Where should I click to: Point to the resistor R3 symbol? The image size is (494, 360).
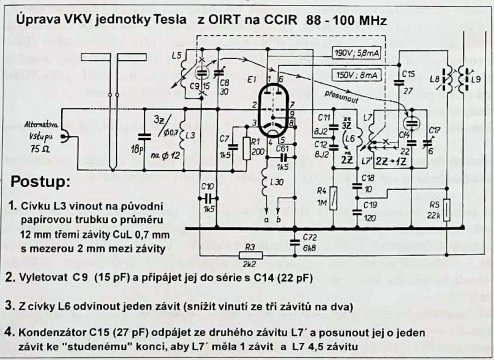(251, 255)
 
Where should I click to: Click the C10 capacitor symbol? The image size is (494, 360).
(208, 198)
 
